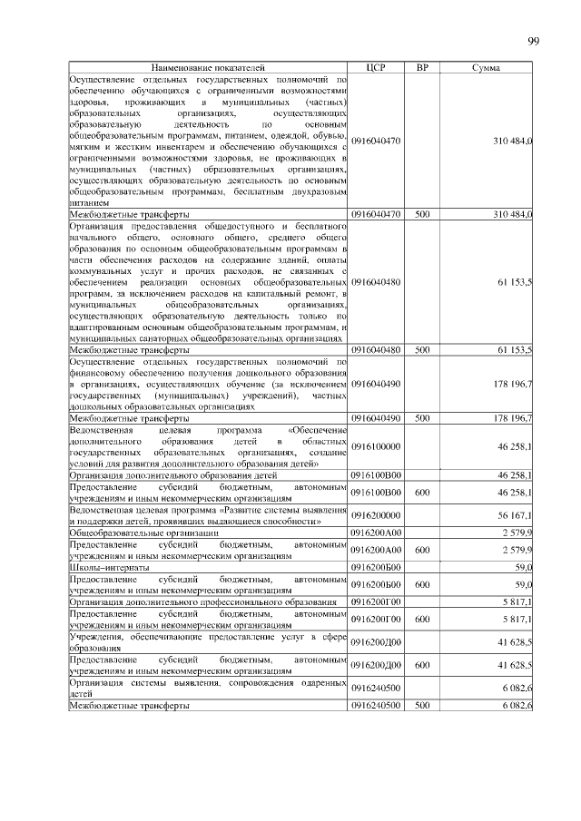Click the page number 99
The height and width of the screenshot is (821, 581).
pyautogui.click(x=534, y=41)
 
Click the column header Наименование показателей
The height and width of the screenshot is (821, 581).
pyautogui.click(x=209, y=68)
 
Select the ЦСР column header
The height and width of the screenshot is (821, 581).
pyautogui.click(x=376, y=68)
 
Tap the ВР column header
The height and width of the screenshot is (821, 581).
pyautogui.click(x=422, y=68)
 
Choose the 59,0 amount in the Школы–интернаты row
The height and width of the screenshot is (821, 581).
pyautogui.click(x=524, y=567)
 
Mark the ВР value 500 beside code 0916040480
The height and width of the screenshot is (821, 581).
pyautogui.click(x=422, y=348)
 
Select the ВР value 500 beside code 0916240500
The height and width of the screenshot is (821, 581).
pyautogui.click(x=422, y=706)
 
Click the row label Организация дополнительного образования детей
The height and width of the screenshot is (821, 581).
pyautogui.click(x=147, y=474)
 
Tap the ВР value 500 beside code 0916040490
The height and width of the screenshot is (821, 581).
pyautogui.click(x=422, y=418)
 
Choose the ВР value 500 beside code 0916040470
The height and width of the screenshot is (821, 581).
pyautogui.click(x=422, y=213)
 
